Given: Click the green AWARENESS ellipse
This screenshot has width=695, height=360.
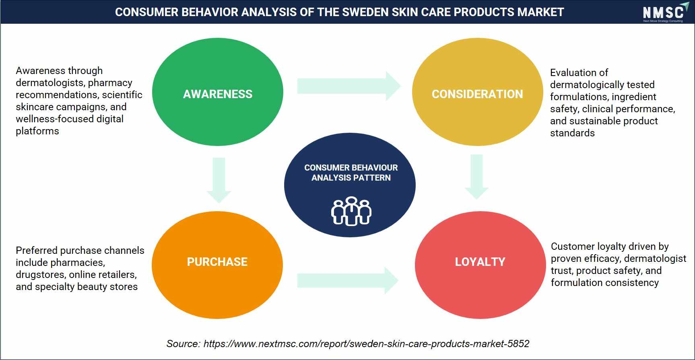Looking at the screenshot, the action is coord(218,92).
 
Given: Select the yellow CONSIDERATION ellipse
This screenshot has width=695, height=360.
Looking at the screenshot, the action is coord(477,92).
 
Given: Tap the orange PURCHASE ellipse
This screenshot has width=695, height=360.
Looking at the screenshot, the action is coord(217,265).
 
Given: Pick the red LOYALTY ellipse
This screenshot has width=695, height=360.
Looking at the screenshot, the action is coord(480,265).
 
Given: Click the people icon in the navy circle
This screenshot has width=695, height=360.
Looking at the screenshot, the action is coord(351,211).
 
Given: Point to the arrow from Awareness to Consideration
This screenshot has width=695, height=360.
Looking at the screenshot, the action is coord(349,86).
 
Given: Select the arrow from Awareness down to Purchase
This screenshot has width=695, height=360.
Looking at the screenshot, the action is coord(219,180).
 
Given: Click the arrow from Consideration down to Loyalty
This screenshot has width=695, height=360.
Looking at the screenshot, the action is coord(476,177).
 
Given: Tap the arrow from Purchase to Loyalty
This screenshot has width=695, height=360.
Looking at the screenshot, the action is coord(348,280).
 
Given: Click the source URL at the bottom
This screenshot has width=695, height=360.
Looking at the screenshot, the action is coord(366,344).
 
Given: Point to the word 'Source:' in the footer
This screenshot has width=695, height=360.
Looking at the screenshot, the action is coord(183,344).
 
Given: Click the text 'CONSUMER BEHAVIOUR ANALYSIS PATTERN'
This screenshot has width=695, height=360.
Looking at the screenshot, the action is coord(351,173).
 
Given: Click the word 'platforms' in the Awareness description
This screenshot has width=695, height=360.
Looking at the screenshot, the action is coord(37,131).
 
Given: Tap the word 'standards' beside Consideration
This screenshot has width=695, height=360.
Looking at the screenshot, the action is coord(572,133).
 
